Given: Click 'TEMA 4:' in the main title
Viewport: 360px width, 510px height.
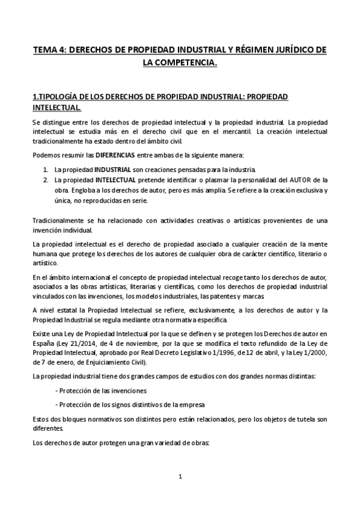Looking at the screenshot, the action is [49, 51].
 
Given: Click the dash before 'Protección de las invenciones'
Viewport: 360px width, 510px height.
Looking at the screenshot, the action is [56, 390].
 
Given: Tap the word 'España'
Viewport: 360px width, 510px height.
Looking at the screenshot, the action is [43, 342].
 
